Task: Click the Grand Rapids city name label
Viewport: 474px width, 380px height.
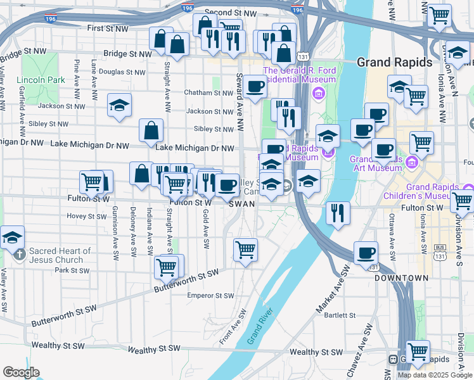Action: pos(394,62)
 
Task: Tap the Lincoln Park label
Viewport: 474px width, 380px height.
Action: pos(41,80)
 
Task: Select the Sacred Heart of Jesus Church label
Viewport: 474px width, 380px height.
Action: pos(60,255)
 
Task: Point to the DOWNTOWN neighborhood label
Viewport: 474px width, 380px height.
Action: pos(401,278)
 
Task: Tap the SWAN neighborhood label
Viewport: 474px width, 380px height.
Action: pos(242,204)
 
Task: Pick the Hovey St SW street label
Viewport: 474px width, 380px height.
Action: pos(87,216)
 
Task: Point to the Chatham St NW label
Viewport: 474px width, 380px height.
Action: pos(208,92)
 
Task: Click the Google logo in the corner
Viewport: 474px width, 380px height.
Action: pos(21,372)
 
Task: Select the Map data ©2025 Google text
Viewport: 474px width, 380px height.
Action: pos(434,375)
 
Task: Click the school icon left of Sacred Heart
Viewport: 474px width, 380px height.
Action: pos(13,238)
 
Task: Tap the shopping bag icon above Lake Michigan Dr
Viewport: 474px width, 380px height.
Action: pos(151,131)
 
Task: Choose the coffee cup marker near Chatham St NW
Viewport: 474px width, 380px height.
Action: pos(255,87)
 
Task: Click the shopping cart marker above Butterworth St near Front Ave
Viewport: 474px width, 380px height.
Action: pos(245,249)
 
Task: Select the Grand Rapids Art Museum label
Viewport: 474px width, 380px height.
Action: pos(376,163)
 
